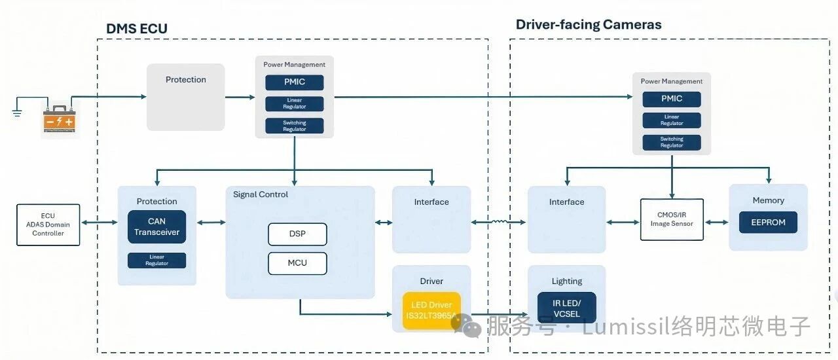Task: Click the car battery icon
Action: pyautogui.click(x=59, y=119)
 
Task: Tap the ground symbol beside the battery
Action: pyautogui.click(x=17, y=112)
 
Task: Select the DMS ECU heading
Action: pyautogui.click(x=137, y=29)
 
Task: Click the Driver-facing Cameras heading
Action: pyautogui.click(x=589, y=25)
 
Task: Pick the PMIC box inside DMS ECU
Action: pyautogui.click(x=294, y=82)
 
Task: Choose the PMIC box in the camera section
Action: pyautogui.click(x=671, y=99)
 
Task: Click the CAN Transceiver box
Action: pyautogui.click(x=156, y=227)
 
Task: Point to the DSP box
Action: pyautogui.click(x=297, y=234)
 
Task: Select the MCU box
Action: pyautogui.click(x=297, y=263)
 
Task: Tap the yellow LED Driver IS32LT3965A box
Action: pyautogui.click(x=431, y=311)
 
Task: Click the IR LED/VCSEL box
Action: pyautogui.click(x=566, y=308)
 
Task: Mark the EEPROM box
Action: pyautogui.click(x=768, y=223)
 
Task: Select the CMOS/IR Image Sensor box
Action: pyautogui.click(x=672, y=219)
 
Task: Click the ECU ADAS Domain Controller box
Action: pyautogui.click(x=48, y=225)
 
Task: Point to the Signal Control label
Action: pyautogui.click(x=261, y=194)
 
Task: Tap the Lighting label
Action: pyautogui.click(x=567, y=281)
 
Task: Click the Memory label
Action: pyautogui.click(x=768, y=200)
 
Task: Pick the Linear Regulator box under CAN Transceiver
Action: pyautogui.click(x=156, y=261)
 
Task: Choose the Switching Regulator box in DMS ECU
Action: pyautogui.click(x=294, y=126)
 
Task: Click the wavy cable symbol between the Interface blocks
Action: pyautogui.click(x=499, y=222)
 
